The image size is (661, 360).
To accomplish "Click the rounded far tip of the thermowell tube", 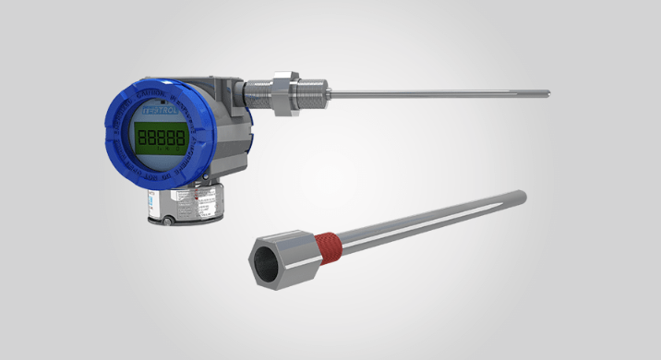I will pyautogui.click(x=523, y=196).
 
